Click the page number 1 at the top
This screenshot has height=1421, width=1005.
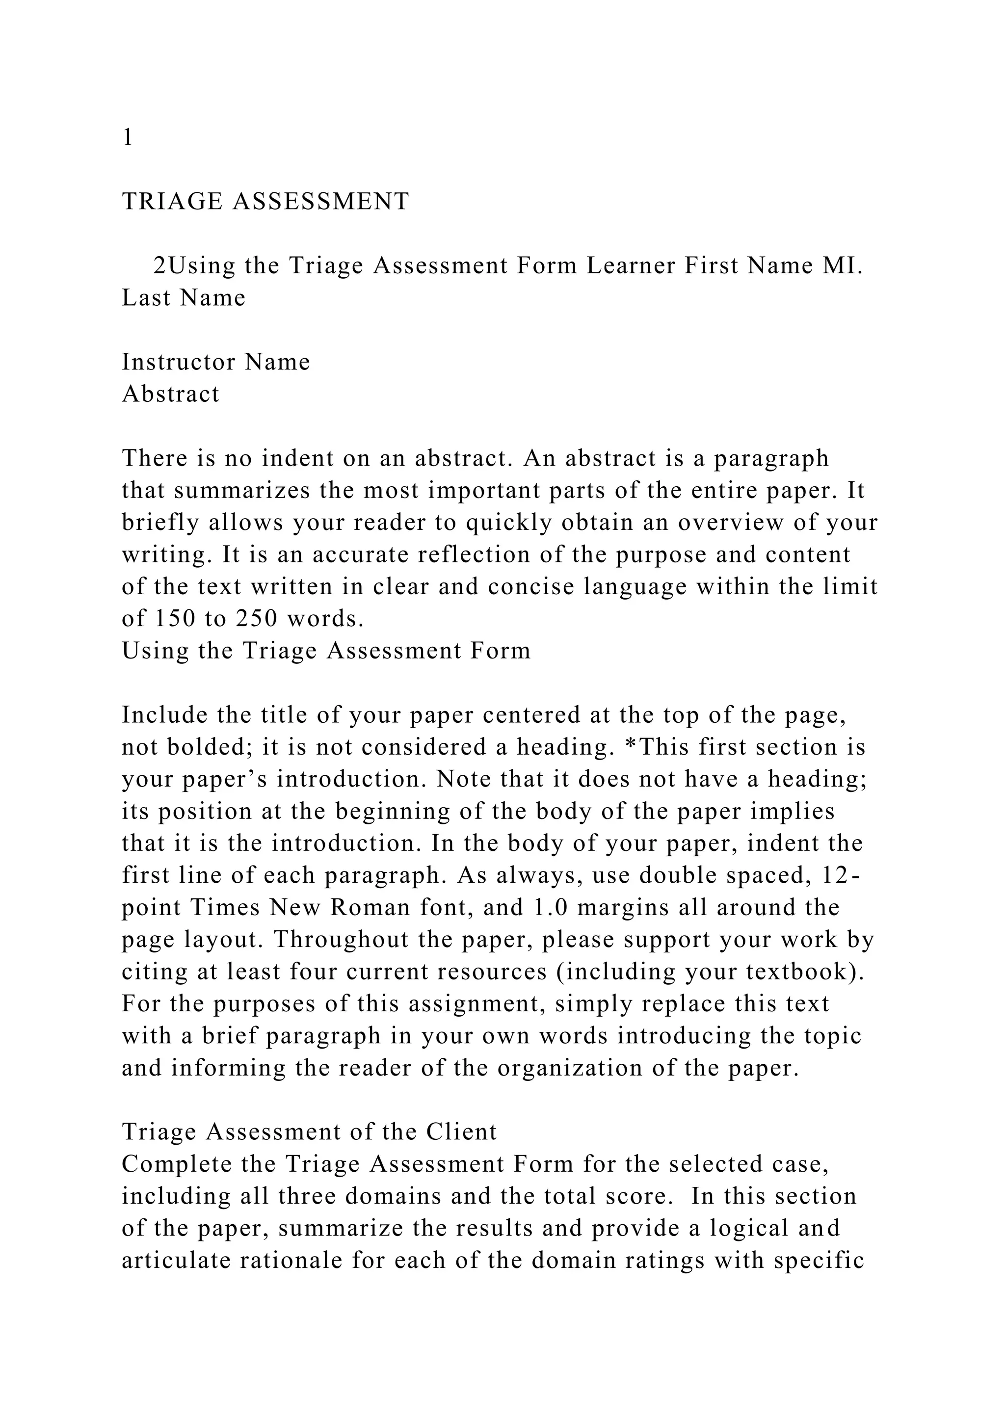pos(128,137)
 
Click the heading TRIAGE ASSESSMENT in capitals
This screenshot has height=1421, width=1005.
pos(265,201)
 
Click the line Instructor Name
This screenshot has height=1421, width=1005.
pos(216,362)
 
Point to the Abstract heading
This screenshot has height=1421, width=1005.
pos(171,394)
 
